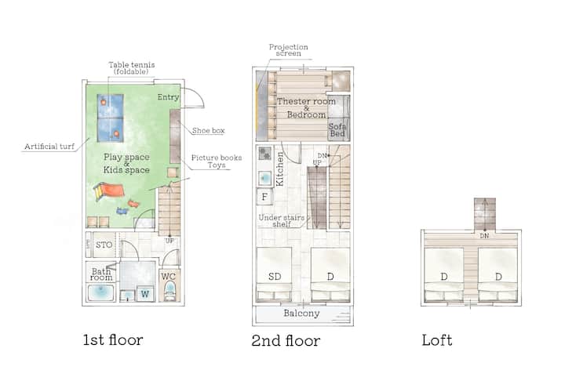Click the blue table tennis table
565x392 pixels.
111,118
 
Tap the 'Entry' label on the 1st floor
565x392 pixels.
168,97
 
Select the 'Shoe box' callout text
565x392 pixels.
208,130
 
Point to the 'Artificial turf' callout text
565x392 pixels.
49,147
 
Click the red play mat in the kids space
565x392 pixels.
109,191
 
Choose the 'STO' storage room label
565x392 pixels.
104,245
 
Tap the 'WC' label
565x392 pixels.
168,277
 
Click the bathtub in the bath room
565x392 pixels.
101,292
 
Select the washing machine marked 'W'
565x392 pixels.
145,294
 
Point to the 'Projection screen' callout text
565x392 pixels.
288,50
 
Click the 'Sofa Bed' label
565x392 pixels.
337,130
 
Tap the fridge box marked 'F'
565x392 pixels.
264,197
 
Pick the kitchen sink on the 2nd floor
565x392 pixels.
265,178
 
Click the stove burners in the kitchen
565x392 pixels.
265,154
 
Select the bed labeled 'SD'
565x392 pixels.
274,274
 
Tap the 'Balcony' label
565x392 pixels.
301,313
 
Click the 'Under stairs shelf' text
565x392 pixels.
282,220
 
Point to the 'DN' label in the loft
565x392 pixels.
484,236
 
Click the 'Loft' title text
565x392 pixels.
437,340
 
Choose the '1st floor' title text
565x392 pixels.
113,339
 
